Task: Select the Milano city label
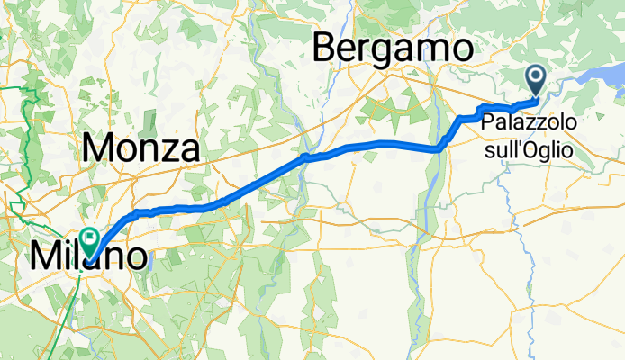coord(87,256)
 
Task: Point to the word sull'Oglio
coord(528,149)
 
